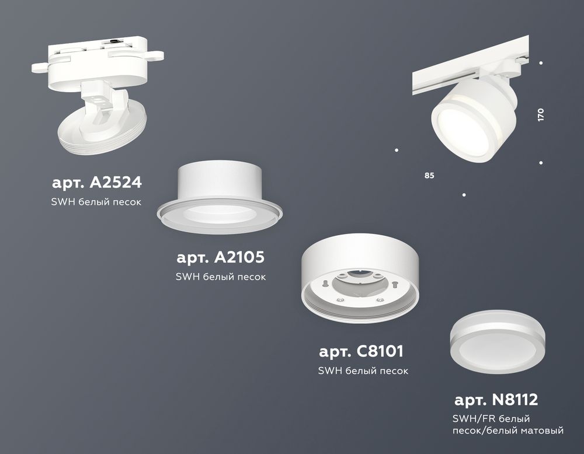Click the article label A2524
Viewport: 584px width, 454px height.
click(x=96, y=183)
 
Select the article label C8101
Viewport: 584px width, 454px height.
click(x=361, y=352)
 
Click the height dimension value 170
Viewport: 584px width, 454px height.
click(x=541, y=114)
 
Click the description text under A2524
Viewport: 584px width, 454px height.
click(x=98, y=202)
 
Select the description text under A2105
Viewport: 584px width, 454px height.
click(x=221, y=277)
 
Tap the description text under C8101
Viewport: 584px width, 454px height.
click(x=363, y=371)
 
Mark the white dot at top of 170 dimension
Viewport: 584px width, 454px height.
click(x=541, y=62)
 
